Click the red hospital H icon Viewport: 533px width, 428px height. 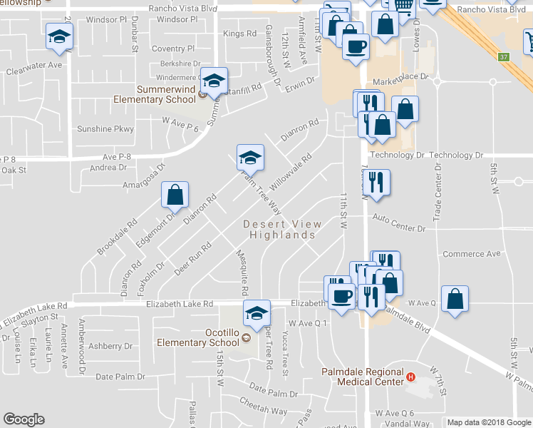(410, 377)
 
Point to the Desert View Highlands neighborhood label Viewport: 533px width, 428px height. (282, 229)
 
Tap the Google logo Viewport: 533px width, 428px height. (24, 419)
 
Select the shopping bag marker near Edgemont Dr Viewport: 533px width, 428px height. (175, 195)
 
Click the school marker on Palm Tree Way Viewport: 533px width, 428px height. (250, 157)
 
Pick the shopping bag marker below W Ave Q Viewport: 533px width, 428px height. (455, 300)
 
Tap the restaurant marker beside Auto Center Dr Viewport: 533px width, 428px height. (377, 182)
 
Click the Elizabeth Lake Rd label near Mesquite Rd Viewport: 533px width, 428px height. (179, 304)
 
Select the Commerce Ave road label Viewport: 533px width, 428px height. (472, 254)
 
